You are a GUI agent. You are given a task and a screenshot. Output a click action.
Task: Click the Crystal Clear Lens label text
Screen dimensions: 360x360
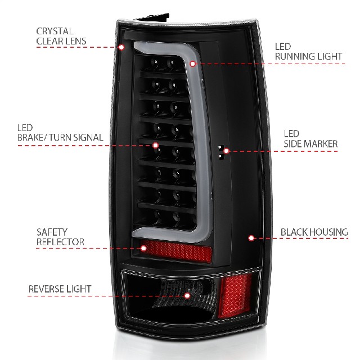pyautogui.click(x=61, y=36)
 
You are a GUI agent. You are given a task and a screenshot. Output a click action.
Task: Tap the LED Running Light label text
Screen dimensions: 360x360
pyautogui.click(x=308, y=51)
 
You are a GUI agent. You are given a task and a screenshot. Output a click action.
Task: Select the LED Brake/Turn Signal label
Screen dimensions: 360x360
pyautogui.click(x=60, y=133)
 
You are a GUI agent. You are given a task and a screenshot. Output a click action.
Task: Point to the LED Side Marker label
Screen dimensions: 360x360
pyautogui.click(x=310, y=139)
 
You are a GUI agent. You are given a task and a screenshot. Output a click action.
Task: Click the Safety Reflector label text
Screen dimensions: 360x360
pyautogui.click(x=60, y=237)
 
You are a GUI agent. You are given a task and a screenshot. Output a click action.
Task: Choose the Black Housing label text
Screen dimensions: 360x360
pyautogui.click(x=314, y=232)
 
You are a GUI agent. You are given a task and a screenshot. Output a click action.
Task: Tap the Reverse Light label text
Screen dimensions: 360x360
pyautogui.click(x=60, y=289)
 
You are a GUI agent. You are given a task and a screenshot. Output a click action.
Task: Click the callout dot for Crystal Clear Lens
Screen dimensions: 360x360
pyautogui.click(x=121, y=47)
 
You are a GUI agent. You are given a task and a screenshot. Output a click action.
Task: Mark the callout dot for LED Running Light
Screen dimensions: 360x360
pyautogui.click(x=192, y=64)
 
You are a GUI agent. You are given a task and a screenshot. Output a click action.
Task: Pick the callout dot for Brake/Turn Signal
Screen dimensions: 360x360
pyautogui.click(x=155, y=145)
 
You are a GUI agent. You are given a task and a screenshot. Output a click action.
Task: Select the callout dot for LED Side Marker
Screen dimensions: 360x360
pyautogui.click(x=226, y=151)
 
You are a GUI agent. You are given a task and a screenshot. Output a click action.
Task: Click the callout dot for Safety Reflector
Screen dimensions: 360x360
pyautogui.click(x=143, y=248)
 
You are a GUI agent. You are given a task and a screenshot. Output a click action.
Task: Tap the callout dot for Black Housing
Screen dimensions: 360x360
pyautogui.click(x=251, y=238)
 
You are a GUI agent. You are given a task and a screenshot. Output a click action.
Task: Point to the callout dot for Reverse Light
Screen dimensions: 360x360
pyautogui.click(x=187, y=295)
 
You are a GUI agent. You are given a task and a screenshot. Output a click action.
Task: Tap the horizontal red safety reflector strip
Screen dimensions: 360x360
pyautogui.click(x=177, y=251)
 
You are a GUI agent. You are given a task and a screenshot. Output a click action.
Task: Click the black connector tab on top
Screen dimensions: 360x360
pyautogui.click(x=152, y=17)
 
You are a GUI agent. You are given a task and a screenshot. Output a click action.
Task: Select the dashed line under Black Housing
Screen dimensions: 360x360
pyautogui.click(x=301, y=238)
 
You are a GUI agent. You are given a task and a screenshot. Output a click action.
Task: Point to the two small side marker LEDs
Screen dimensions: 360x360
pyautogui.click(x=221, y=152)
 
